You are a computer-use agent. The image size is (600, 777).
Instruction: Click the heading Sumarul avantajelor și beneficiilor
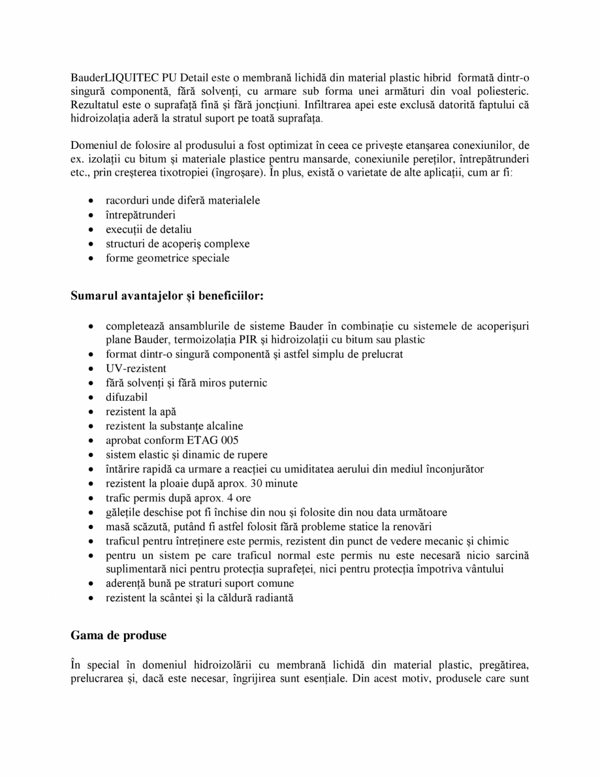pyautogui.click(x=166, y=295)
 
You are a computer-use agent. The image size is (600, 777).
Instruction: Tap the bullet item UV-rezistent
pyautogui.click(x=136, y=368)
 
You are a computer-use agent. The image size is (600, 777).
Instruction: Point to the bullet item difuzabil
pyautogui.click(x=127, y=397)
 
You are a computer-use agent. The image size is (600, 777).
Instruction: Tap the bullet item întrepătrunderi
pyautogui.click(x=140, y=215)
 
